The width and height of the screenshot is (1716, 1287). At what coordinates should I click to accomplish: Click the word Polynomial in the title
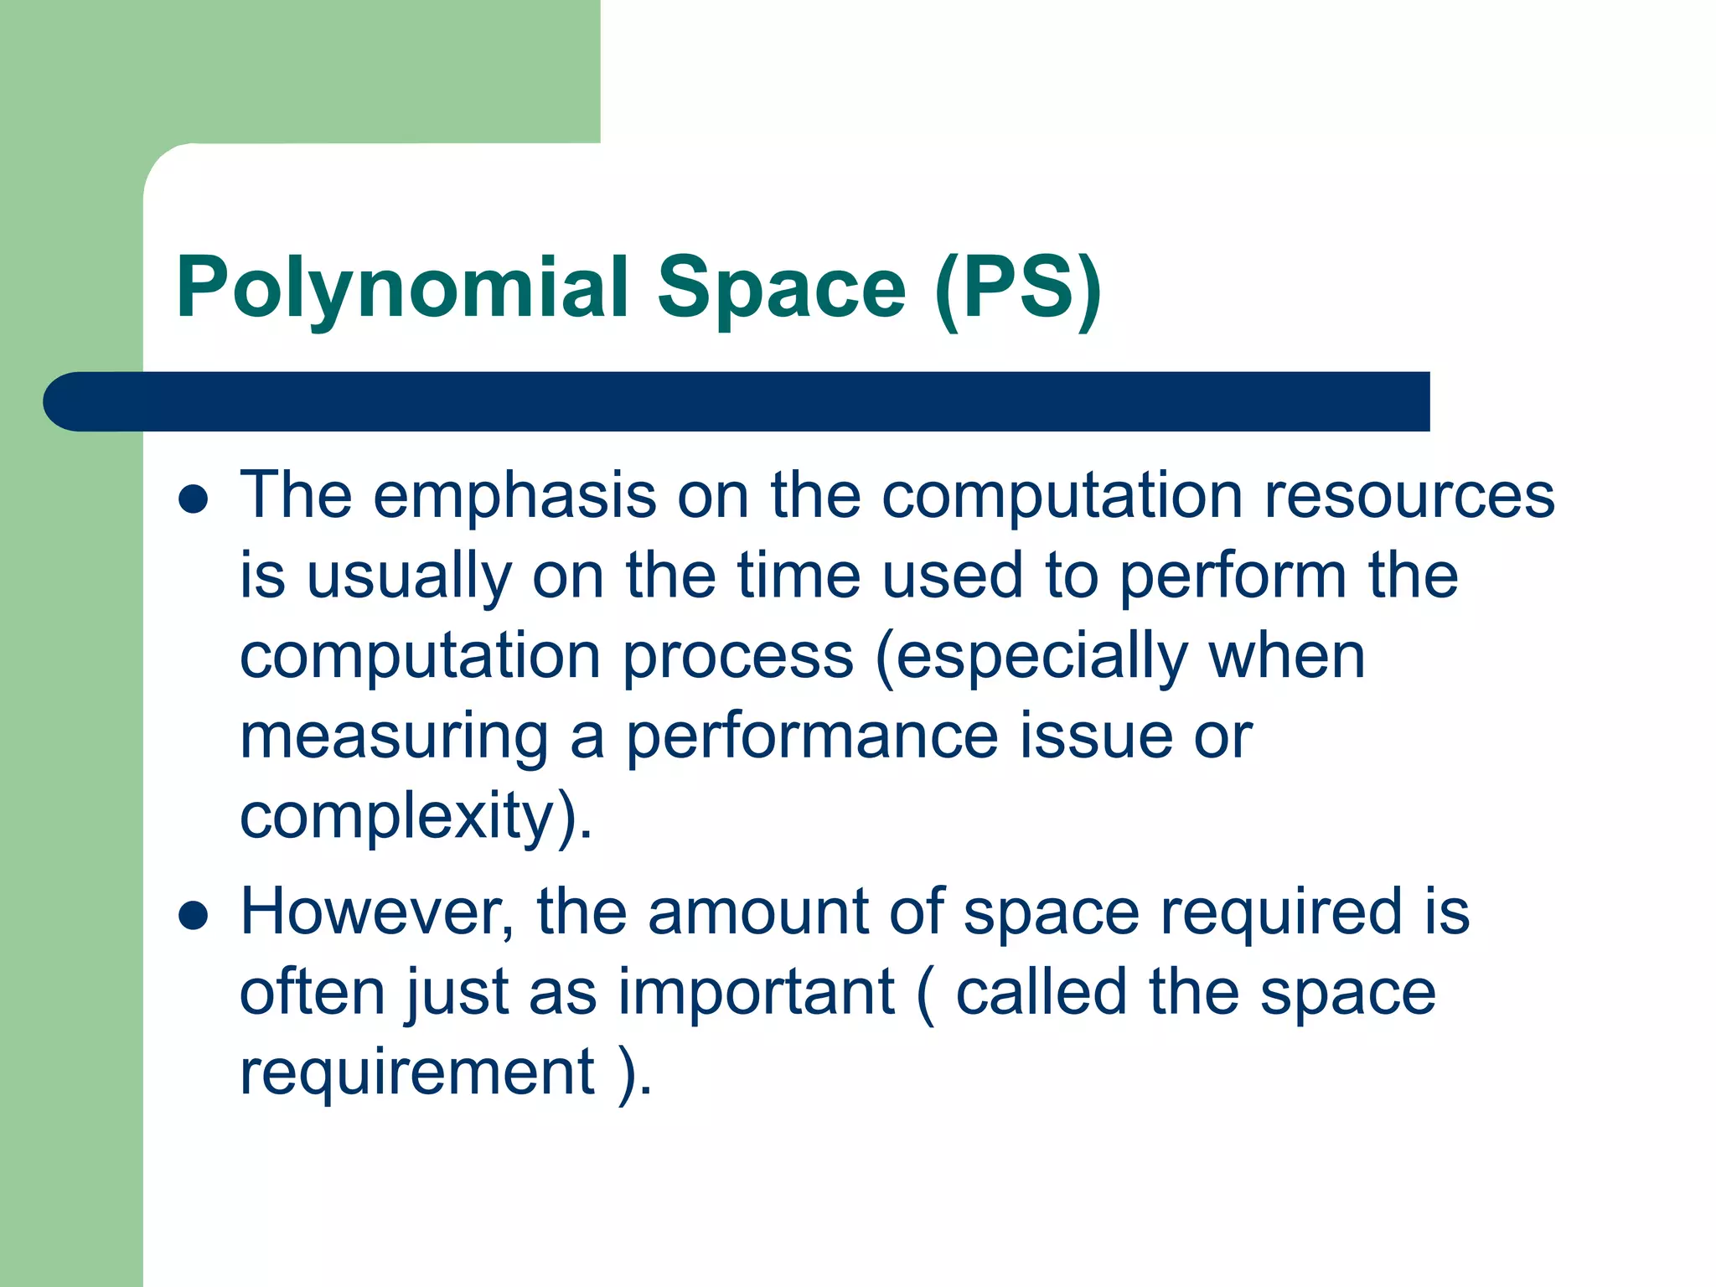[402, 289]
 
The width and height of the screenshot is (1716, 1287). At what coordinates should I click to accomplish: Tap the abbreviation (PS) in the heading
[1017, 289]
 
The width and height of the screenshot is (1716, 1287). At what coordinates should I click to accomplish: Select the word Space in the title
[781, 289]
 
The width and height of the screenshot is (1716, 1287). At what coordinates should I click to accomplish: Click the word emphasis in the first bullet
[514, 496]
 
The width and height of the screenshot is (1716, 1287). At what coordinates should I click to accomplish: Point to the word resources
[1409, 496]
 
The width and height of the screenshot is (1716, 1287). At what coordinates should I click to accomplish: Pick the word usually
[409, 578]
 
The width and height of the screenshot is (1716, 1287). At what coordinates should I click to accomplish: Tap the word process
[737, 659]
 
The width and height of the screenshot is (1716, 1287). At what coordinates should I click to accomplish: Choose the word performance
[812, 738]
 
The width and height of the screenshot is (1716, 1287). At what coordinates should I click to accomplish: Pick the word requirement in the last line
[417, 1073]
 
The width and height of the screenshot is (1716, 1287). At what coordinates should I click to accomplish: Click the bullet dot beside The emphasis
[194, 499]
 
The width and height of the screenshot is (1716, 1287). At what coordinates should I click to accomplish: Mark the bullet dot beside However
[194, 916]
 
